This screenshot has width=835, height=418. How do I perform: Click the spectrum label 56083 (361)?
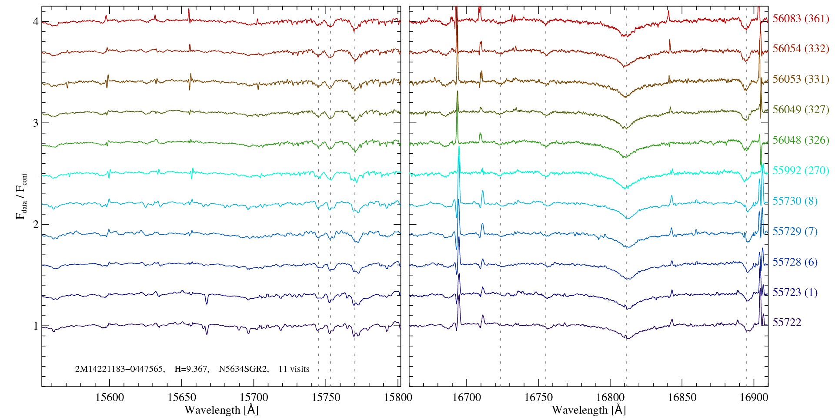pyautogui.click(x=800, y=19)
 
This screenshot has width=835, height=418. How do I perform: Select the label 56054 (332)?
pyautogui.click(x=800, y=49)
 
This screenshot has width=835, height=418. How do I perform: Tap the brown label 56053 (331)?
pyautogui.click(x=800, y=79)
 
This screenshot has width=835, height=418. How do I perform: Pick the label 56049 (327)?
pyautogui.click(x=800, y=110)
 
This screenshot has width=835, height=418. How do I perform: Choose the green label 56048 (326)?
pyautogui.click(x=800, y=140)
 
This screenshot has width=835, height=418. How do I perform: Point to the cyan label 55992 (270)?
pyautogui.click(x=800, y=171)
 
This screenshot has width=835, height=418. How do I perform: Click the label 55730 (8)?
pyautogui.click(x=795, y=201)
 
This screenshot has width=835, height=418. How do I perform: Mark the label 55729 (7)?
pyautogui.click(x=795, y=232)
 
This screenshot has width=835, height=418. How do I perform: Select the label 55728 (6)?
pyautogui.click(x=795, y=262)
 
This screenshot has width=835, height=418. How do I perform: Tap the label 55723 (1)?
pyautogui.click(x=795, y=293)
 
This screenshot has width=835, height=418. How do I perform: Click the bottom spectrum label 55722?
pyautogui.click(x=786, y=323)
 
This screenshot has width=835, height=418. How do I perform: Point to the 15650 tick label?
pyautogui.click(x=182, y=397)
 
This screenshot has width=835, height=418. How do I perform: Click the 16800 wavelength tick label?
pyautogui.click(x=610, y=397)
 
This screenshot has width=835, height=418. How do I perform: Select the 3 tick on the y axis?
pyautogui.click(x=35, y=123)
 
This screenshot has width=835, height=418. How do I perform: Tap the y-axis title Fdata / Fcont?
pyautogui.click(x=22, y=196)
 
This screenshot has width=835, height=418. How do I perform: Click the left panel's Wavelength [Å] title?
pyautogui.click(x=221, y=410)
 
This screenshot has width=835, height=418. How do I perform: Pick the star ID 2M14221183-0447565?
pyautogui.click(x=120, y=369)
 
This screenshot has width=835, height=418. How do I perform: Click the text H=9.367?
pyautogui.click(x=191, y=369)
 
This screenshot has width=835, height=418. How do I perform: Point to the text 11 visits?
pyautogui.click(x=294, y=369)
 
